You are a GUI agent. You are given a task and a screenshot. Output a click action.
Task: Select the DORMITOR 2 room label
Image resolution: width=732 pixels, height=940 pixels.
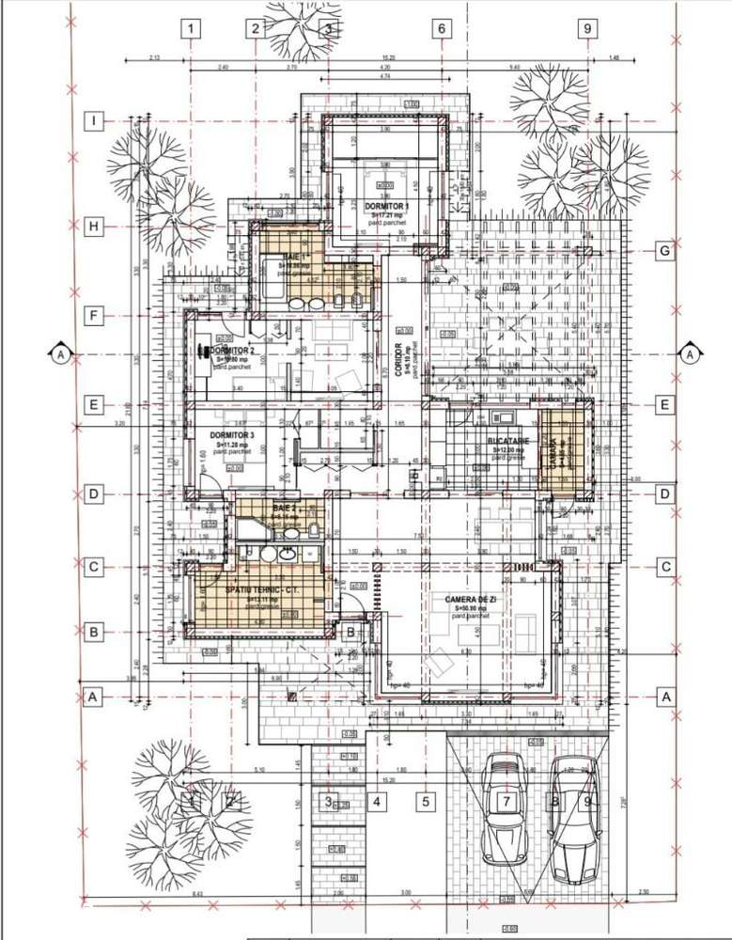click(x=233, y=351)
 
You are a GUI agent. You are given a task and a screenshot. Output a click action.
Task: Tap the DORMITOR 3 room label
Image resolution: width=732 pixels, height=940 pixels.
click(x=231, y=436)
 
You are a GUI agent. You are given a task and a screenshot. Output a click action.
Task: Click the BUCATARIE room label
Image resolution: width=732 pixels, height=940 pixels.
click(x=508, y=441)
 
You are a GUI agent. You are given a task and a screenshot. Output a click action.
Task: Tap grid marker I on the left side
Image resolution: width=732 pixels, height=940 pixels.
click(x=94, y=120)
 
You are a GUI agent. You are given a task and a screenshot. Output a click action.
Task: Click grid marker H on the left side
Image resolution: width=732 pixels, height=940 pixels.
click(x=94, y=226)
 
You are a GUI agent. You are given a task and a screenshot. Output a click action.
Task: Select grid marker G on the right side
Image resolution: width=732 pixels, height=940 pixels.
click(x=663, y=251)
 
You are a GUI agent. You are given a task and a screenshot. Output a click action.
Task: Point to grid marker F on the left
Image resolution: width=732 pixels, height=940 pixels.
click(x=94, y=317)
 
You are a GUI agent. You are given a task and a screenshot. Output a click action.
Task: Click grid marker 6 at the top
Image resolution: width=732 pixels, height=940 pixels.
click(x=440, y=28)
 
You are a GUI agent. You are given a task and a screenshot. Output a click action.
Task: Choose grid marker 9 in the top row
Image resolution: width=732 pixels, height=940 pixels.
click(x=587, y=28)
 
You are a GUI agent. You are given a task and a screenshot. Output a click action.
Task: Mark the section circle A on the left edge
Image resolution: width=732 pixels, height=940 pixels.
click(x=60, y=354)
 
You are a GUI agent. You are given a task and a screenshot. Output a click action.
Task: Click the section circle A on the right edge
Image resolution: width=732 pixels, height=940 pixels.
click(x=690, y=354)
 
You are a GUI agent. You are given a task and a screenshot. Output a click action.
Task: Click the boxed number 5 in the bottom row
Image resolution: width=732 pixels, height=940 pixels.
click(x=426, y=802)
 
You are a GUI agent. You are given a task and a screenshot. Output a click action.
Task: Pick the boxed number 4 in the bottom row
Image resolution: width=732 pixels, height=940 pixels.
click(x=376, y=802)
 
